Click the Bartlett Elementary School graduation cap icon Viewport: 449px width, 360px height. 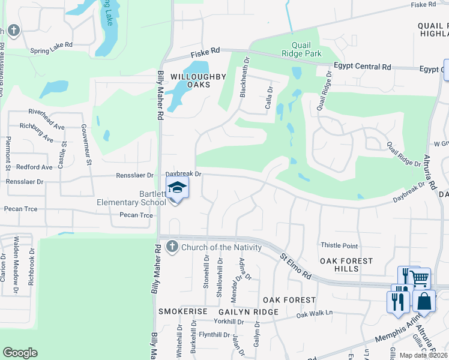[x=178, y=188]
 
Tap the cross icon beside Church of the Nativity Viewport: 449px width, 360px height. [x=172, y=246]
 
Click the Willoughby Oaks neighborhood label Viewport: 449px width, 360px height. [x=190, y=81]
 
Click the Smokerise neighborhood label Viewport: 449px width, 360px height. [x=182, y=312]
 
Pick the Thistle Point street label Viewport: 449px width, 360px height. [x=339, y=246]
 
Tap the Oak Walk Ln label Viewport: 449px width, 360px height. [x=314, y=314]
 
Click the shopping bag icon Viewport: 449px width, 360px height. [x=424, y=302]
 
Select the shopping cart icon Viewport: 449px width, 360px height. [x=420, y=278]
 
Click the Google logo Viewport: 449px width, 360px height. [x=20, y=353]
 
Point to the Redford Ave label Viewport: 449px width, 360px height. [x=35, y=167]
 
